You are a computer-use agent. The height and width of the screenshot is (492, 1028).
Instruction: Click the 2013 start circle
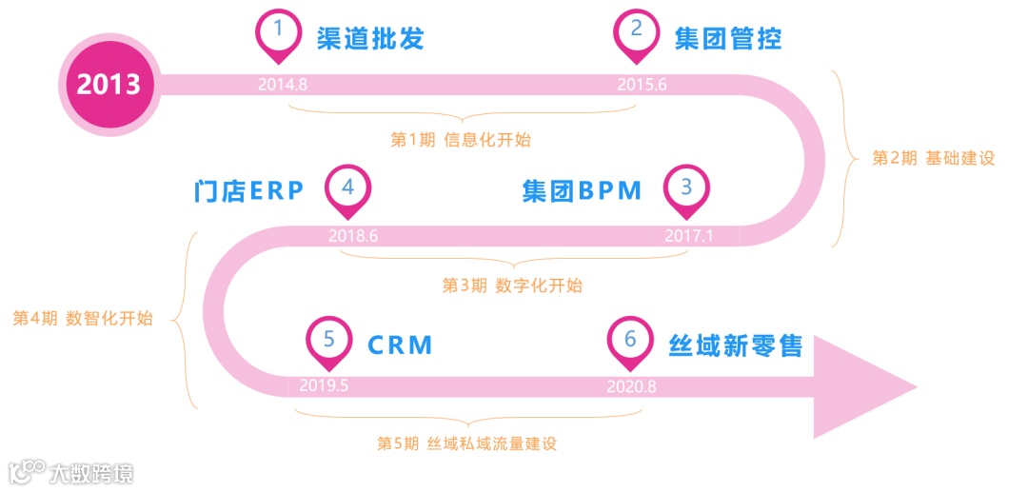tap(109, 84)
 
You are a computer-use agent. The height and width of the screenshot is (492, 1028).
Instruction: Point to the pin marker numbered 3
tap(686, 187)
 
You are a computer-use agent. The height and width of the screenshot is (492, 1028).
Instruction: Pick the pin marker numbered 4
tap(347, 187)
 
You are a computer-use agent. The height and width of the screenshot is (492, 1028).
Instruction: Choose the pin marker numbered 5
tap(328, 340)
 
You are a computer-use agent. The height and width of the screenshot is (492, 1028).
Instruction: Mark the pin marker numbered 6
tap(629, 340)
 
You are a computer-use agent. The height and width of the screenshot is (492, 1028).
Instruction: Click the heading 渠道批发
tap(370, 39)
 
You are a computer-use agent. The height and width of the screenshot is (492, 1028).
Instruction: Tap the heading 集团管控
tap(728, 39)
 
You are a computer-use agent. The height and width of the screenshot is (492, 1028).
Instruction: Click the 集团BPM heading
tap(583, 191)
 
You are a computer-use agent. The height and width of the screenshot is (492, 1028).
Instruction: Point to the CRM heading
tap(401, 344)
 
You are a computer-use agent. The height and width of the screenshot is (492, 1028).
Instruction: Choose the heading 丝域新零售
tap(735, 344)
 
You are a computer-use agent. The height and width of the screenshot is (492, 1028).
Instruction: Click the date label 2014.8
tap(283, 84)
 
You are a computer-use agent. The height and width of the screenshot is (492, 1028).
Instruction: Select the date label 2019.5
tap(324, 385)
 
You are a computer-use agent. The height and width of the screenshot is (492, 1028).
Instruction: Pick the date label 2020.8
tap(631, 385)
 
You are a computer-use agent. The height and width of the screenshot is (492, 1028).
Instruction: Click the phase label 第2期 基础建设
tap(933, 159)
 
